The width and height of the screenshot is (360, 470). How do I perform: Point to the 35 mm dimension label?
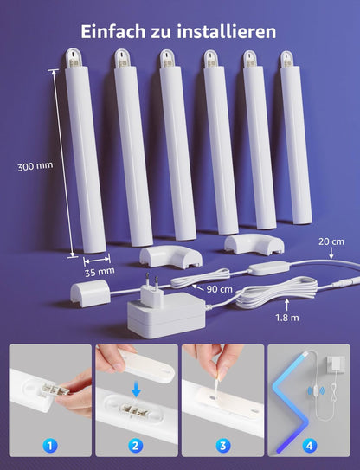(x=100, y=271)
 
